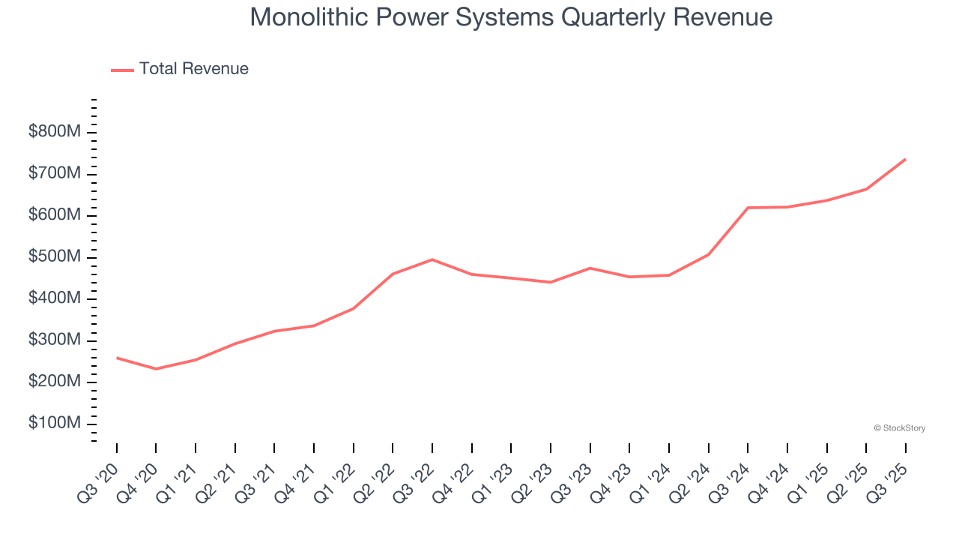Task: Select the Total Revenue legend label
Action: pyautogui.click(x=193, y=69)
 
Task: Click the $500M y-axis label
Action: pyautogui.click(x=55, y=257)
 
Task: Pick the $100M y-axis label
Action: pyautogui.click(x=55, y=424)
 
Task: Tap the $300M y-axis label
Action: pyautogui.click(x=55, y=340)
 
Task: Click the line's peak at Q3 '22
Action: pyautogui.click(x=432, y=259)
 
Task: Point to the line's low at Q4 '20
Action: pyautogui.click(x=156, y=369)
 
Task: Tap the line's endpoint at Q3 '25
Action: pyautogui.click(x=905, y=159)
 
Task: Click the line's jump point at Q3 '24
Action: pyautogui.click(x=748, y=208)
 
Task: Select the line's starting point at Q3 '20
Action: pyautogui.click(x=117, y=358)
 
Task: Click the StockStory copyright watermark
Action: pyautogui.click(x=899, y=428)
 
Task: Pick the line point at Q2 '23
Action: pyautogui.click(x=551, y=282)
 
